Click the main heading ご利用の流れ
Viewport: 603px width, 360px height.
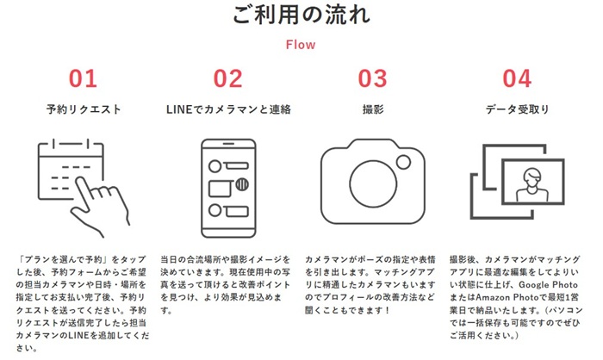[301, 15]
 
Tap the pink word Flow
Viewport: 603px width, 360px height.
[301, 45]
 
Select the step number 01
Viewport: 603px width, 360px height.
[83, 78]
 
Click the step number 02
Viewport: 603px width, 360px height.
[227, 78]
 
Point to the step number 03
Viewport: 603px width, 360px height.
[372, 78]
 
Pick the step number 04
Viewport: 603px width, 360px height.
[517, 78]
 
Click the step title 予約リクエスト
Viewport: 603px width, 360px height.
[84, 109]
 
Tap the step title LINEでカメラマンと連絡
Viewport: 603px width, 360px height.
[228, 109]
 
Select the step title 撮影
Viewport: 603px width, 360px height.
[373, 109]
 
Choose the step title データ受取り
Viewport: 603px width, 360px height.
[517, 109]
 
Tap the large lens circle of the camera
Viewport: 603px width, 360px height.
[373, 161]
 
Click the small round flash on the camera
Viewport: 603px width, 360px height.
[403, 162]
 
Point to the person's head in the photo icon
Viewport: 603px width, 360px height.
[532, 177]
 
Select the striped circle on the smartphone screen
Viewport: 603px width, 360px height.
[242, 184]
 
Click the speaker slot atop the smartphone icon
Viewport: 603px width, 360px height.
[228, 144]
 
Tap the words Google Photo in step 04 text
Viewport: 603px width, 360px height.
[548, 285]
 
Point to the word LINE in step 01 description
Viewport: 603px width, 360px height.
[79, 335]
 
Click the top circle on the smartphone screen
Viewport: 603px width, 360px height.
[214, 166]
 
